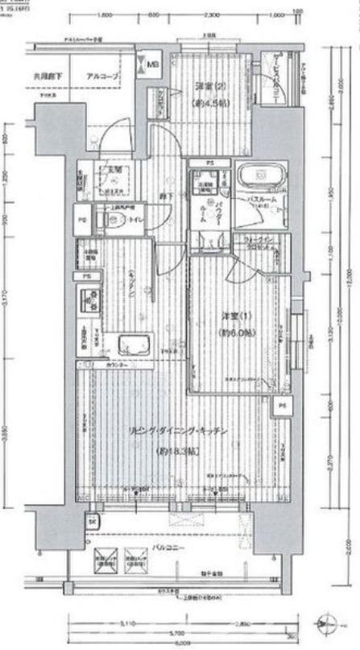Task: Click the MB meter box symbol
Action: tap(151, 60)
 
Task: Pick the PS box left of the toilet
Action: tap(83, 219)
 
